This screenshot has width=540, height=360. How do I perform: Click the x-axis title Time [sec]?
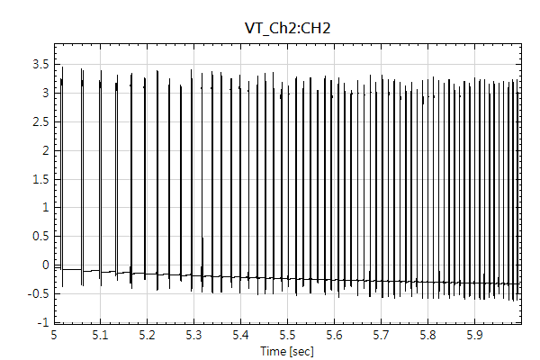click(x=287, y=350)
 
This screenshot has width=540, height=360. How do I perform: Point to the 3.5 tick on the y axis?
click(x=40, y=64)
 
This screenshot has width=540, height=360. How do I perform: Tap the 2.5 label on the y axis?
click(x=40, y=121)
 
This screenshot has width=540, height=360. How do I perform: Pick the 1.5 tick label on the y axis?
click(x=40, y=178)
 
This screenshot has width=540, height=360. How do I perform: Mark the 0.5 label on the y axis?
click(x=40, y=236)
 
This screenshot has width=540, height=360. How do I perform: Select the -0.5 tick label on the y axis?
click(x=38, y=293)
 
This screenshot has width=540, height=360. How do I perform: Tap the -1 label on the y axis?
click(x=41, y=321)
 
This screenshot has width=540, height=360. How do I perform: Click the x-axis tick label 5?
click(x=54, y=335)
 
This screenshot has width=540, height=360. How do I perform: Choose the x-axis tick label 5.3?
click(x=193, y=335)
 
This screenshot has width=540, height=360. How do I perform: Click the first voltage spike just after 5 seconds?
click(x=62, y=171)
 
